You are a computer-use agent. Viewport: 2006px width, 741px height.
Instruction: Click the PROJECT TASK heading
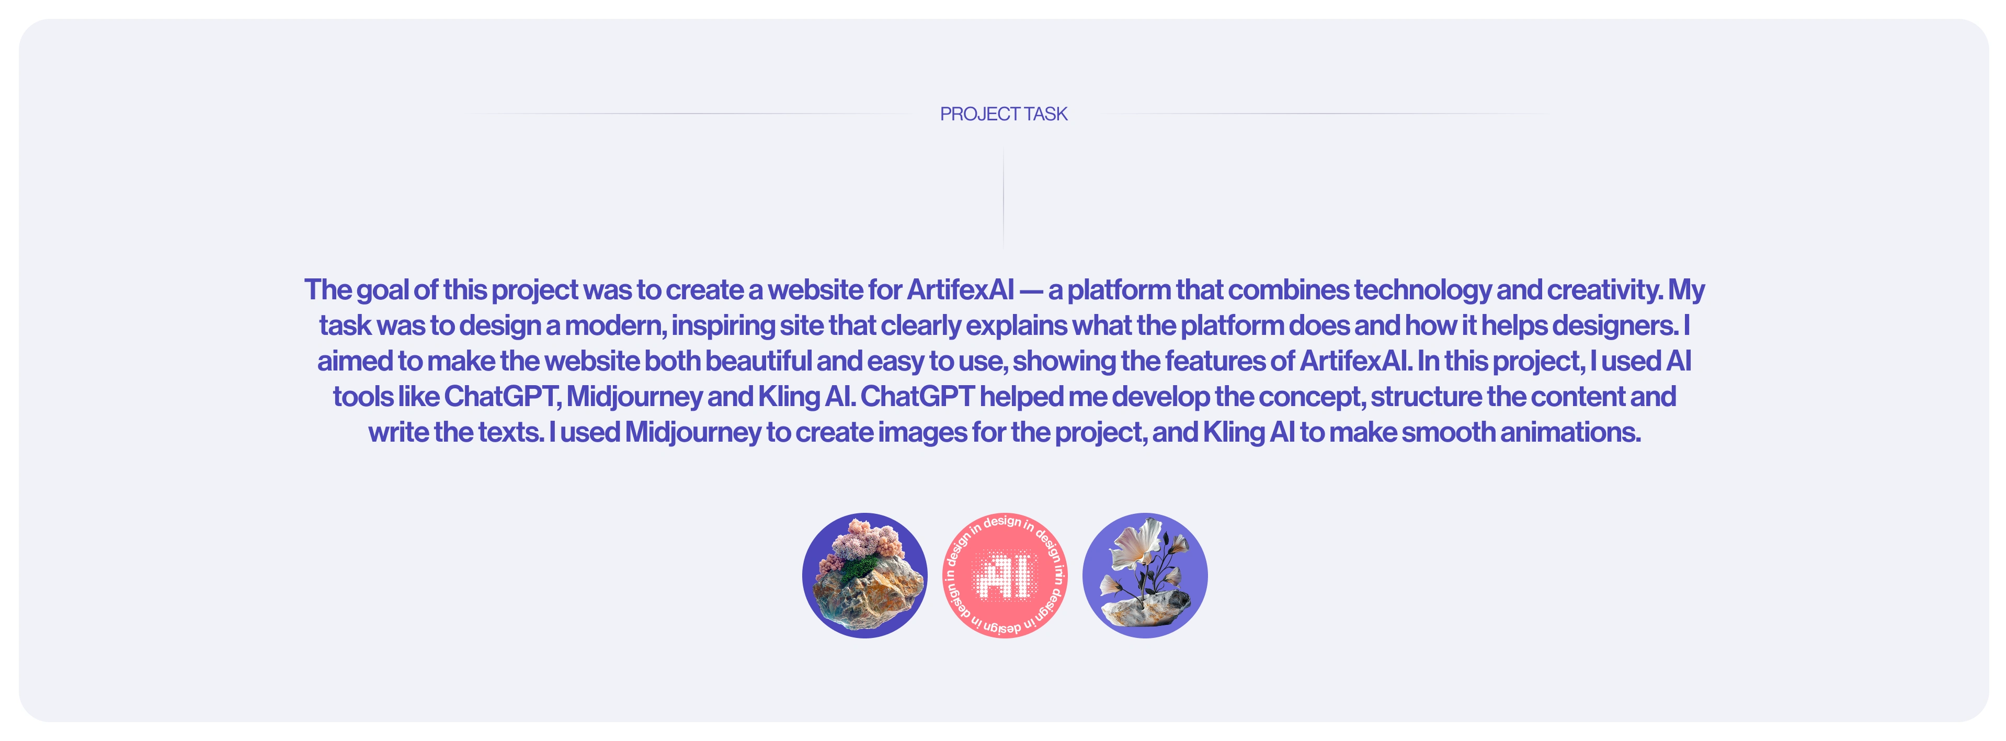pyautogui.click(x=1003, y=114)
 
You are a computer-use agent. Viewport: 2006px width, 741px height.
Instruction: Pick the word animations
pyautogui.click(x=1571, y=432)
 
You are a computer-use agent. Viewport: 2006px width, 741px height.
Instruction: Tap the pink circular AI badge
pyautogui.click(x=1005, y=576)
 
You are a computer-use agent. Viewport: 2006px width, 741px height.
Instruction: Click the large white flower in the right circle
pyautogui.click(x=1137, y=545)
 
